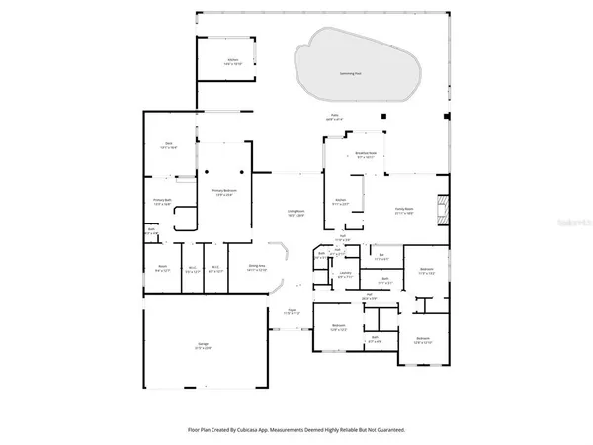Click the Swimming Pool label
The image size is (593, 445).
348,73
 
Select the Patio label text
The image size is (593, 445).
336,117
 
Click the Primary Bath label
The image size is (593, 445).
163,203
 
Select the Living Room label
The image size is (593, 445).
295,213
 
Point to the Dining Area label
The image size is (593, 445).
259,268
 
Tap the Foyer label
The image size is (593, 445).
293,311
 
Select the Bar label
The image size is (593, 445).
382,258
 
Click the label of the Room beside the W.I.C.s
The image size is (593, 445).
162,268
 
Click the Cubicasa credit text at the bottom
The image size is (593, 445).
296,430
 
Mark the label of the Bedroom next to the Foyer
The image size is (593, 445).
339,327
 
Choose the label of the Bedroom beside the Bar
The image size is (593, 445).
426,270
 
